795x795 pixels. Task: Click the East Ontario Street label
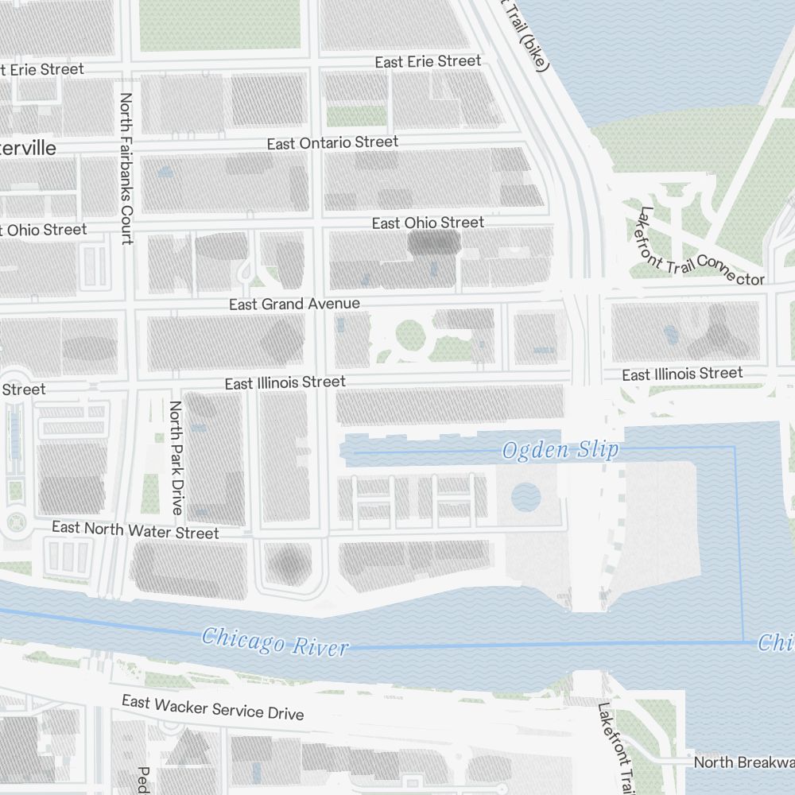coord(332,143)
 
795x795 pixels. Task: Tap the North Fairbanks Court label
coord(126,169)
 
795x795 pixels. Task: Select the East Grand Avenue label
coord(294,304)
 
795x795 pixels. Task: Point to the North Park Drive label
coord(176,457)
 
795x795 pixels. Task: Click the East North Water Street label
coord(135,529)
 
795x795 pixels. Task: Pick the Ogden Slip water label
coord(560,451)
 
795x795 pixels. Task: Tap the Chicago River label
coord(274,641)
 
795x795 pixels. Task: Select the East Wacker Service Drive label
coord(212,707)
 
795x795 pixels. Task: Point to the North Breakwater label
coord(743,762)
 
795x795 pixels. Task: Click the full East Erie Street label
coord(428,61)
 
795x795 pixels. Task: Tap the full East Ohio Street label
coord(428,223)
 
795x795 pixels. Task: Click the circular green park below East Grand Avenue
coord(410,335)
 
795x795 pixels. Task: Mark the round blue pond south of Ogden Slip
coord(525,498)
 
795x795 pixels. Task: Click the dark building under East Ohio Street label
coord(434,243)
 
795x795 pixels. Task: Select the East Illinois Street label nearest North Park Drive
coord(285,382)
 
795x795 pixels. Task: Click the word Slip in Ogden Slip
coord(599,451)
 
